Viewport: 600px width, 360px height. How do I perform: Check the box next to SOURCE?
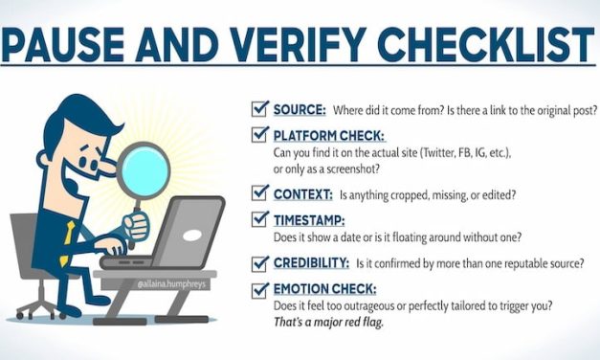(257, 110)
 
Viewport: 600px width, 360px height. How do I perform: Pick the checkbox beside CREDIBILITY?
(257, 261)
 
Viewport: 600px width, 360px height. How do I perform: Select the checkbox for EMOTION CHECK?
(257, 288)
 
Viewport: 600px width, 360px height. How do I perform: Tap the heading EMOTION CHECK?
(322, 289)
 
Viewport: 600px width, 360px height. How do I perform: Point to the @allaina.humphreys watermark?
(173, 283)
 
